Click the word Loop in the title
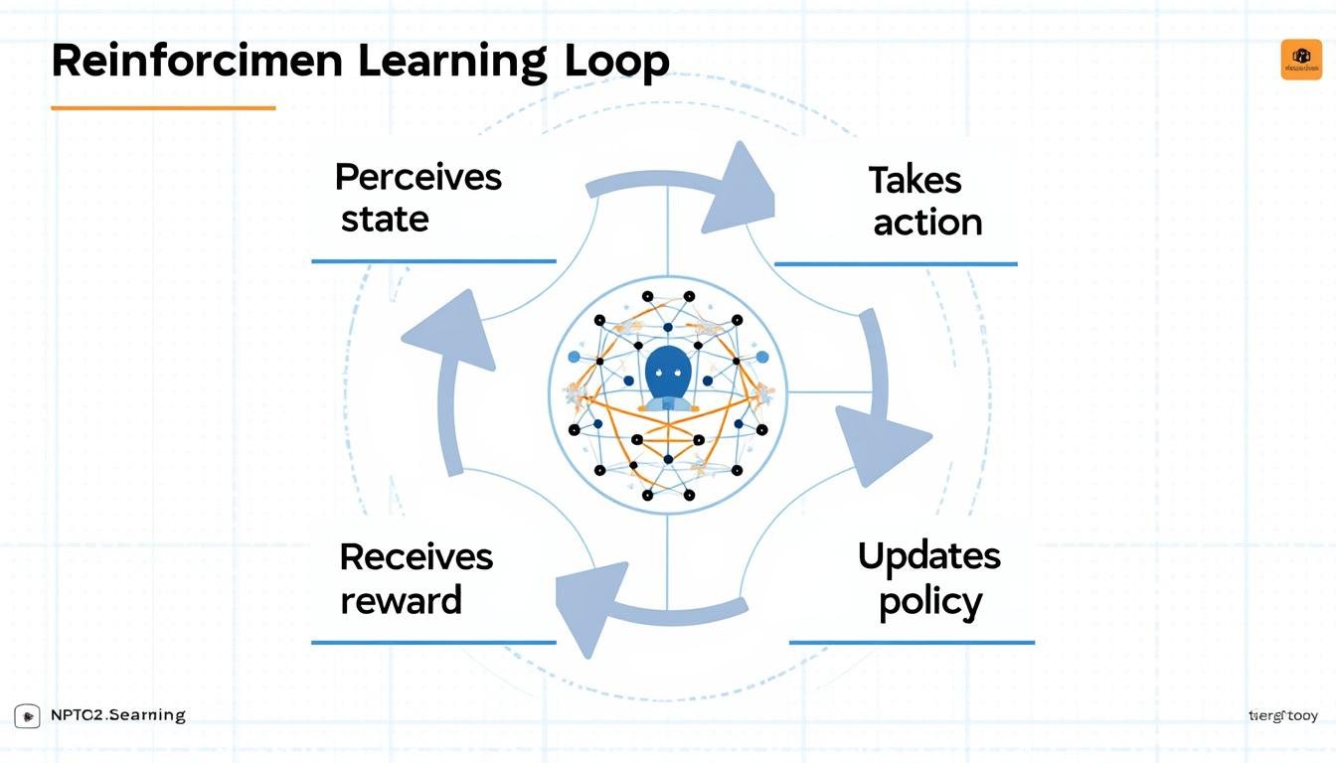[x=616, y=62]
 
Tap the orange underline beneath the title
[x=163, y=107]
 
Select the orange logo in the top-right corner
[x=1301, y=60]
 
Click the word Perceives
[x=417, y=178]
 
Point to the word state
[x=385, y=219]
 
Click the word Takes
[x=915, y=181]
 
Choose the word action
[x=927, y=223]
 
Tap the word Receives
[x=416, y=556]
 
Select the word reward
[x=401, y=600]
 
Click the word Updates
[x=928, y=555]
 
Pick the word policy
[x=930, y=602]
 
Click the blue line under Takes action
[x=895, y=264]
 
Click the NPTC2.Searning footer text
[x=117, y=715]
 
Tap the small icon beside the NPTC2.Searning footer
[x=27, y=716]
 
